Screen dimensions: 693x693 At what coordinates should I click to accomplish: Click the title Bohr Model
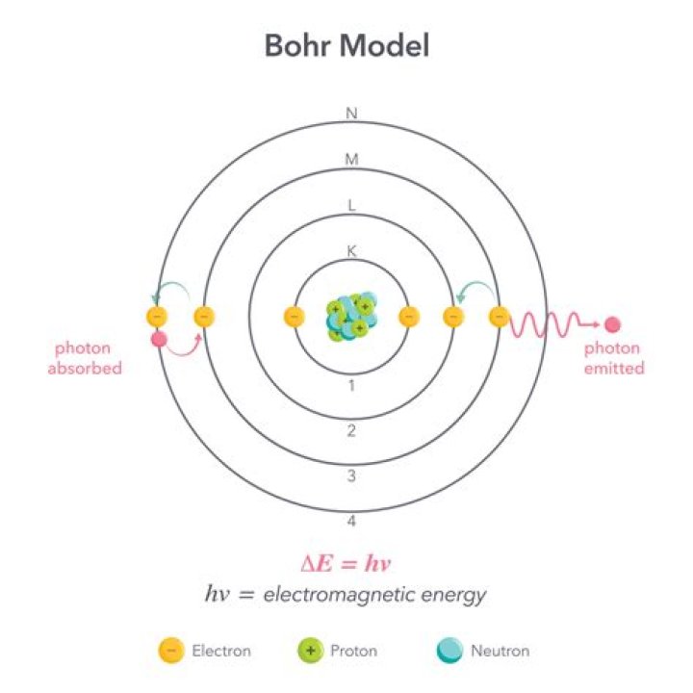[x=346, y=45]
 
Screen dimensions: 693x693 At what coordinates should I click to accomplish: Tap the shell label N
[x=351, y=114]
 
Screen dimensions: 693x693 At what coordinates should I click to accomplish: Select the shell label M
[x=351, y=159]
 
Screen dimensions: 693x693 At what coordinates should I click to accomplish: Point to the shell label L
[x=351, y=205]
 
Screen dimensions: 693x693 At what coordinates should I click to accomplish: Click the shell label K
[x=351, y=251]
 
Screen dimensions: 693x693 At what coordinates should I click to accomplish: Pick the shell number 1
[x=351, y=386]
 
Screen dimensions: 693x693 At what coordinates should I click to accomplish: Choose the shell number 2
[x=351, y=431]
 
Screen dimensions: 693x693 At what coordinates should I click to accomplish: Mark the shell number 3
[x=351, y=476]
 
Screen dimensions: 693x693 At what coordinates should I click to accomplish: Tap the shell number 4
[x=351, y=521]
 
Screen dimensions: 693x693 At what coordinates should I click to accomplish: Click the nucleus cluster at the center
[x=351, y=316]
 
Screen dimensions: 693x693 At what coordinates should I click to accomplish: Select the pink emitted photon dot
[x=612, y=325]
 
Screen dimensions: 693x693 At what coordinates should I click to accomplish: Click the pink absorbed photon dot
[x=159, y=340]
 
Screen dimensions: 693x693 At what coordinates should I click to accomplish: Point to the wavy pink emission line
[x=553, y=325]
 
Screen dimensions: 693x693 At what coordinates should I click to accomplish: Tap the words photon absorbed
[x=85, y=358]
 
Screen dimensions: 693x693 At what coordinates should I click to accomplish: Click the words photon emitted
[x=614, y=358]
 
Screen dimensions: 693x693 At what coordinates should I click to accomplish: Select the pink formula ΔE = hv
[x=346, y=563]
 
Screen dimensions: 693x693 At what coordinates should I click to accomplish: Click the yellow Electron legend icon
[x=171, y=651]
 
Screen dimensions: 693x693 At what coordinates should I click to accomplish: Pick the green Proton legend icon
[x=311, y=651]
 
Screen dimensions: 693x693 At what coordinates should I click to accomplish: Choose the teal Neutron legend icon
[x=449, y=651]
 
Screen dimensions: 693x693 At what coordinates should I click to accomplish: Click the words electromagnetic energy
[x=374, y=595]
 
